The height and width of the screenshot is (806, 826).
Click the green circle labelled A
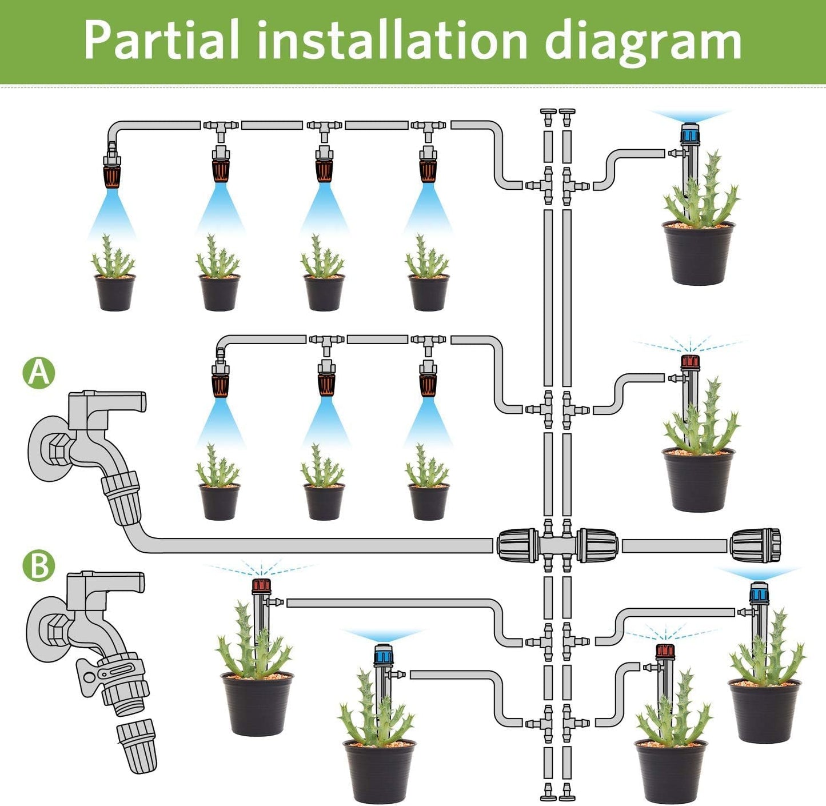(39, 373)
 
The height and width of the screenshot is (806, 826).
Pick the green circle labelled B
(39, 565)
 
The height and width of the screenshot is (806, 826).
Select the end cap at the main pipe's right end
(755, 545)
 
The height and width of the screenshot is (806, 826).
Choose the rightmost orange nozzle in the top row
(428, 170)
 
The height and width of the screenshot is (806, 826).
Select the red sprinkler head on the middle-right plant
(690, 362)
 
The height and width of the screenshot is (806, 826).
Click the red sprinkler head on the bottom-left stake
(261, 586)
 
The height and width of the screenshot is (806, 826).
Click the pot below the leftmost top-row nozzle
(114, 292)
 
